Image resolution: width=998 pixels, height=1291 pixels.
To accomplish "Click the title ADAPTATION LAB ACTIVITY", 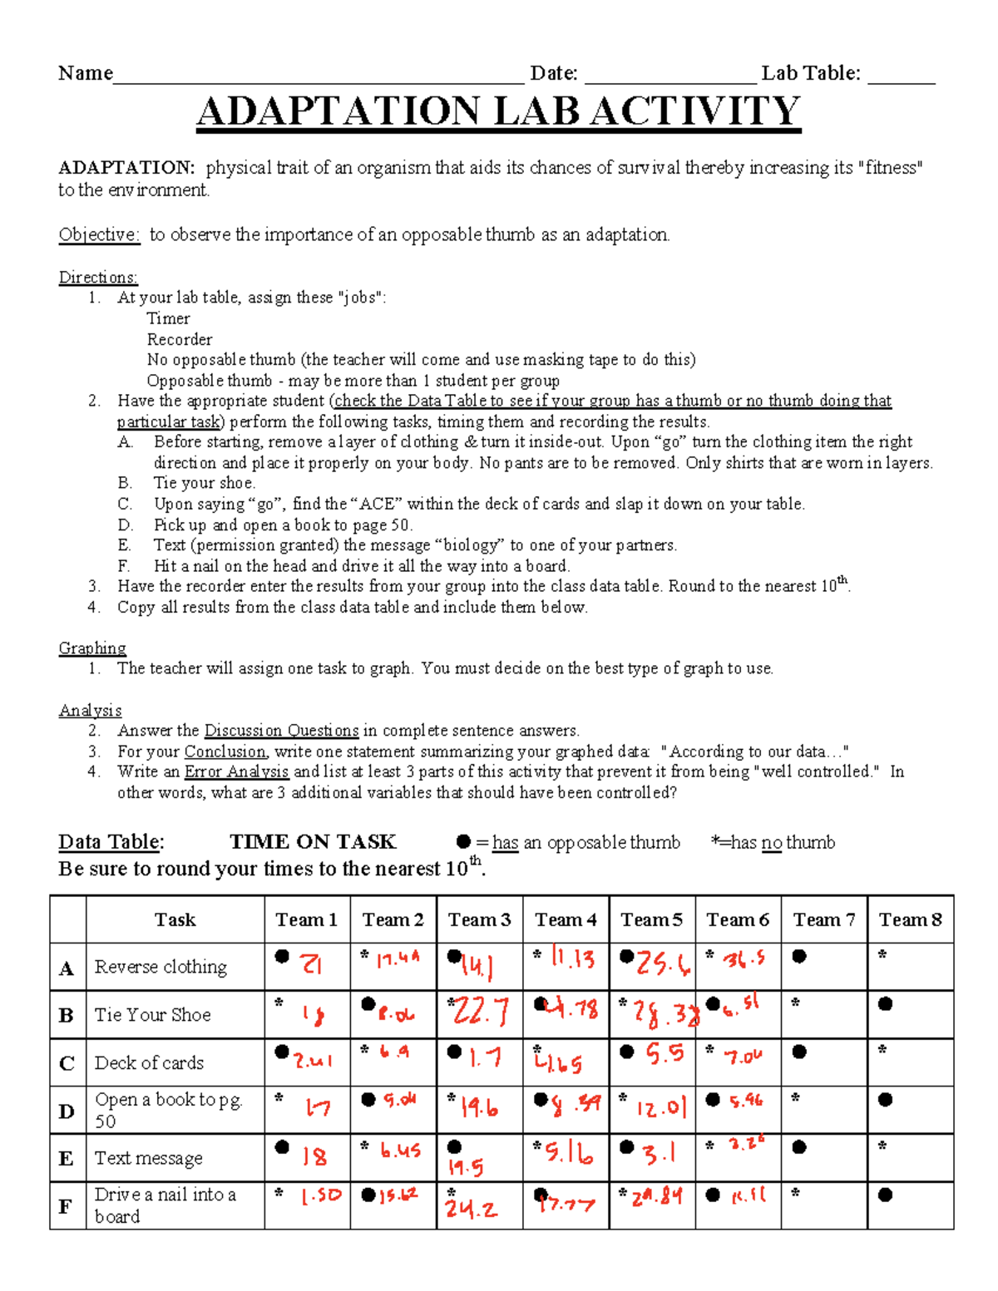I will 498,111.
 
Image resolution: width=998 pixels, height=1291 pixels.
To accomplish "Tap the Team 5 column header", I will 651,919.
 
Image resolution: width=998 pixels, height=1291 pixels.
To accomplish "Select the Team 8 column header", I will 910,919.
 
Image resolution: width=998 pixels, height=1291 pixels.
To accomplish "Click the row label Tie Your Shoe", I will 152,1015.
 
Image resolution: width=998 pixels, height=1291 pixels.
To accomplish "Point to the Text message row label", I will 148,1158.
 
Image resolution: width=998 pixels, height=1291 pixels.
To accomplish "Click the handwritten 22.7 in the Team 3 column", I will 482,1012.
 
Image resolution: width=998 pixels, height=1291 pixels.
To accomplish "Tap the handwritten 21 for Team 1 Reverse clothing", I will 311,964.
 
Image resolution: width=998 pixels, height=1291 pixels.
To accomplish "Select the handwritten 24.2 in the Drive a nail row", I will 471,1209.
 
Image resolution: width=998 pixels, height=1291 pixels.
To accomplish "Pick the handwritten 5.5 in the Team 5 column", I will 665,1054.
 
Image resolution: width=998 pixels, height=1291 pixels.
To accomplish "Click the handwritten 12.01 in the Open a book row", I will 662,1108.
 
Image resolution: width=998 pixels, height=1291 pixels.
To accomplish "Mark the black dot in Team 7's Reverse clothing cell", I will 799,956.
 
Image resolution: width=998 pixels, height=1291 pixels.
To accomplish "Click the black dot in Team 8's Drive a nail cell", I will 886,1195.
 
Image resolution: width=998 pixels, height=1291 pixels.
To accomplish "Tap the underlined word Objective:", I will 99,235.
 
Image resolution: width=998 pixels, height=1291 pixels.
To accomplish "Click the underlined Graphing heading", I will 92,648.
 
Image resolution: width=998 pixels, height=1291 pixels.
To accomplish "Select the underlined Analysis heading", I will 90,711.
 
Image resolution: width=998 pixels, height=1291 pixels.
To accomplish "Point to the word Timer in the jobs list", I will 168,318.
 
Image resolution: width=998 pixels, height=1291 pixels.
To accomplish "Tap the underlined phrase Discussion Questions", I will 281,731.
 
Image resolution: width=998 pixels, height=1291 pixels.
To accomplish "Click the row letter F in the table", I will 66,1207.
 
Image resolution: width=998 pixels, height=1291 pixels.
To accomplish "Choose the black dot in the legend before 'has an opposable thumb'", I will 463,841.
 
